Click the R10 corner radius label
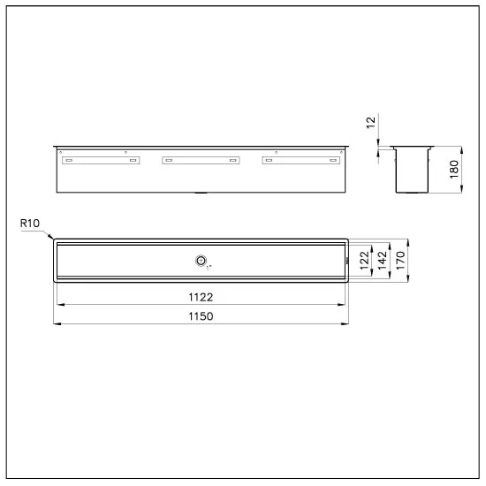tap(28, 224)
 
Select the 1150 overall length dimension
tap(201, 315)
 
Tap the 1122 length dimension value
tap(201, 298)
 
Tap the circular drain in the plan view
tap(201, 261)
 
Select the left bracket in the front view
tap(99, 160)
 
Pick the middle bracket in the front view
tap(200, 160)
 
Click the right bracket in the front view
tap(300, 160)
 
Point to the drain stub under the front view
tap(201, 192)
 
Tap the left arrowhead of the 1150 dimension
tap(57, 323)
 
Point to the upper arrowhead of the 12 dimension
tap(378, 144)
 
